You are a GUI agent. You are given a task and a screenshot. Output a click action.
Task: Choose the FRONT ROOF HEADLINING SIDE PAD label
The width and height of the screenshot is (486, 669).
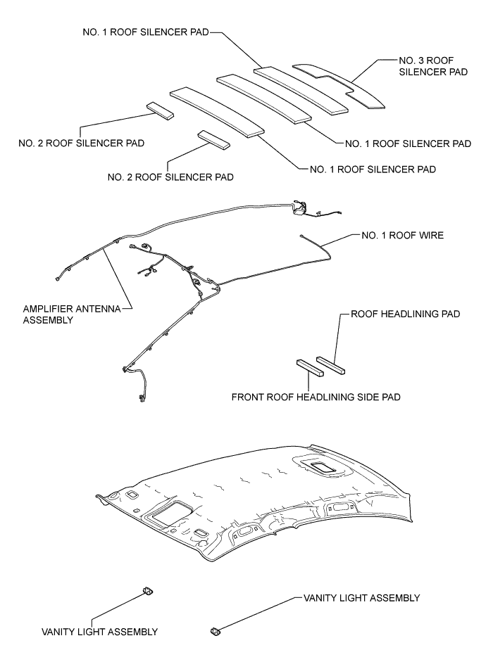coord(316,397)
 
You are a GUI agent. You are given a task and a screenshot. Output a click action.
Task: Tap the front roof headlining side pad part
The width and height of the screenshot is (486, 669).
coord(308,368)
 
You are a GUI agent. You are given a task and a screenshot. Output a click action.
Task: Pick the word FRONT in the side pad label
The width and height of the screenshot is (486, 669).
coord(248,397)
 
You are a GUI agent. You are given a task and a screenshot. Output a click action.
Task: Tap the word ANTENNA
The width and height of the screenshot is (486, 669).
coord(100,307)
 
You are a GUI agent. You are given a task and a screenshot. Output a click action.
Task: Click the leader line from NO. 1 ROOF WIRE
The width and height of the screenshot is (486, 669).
coord(342,239)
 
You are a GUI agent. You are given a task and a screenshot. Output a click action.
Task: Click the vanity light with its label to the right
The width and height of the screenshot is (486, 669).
coord(215,630)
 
